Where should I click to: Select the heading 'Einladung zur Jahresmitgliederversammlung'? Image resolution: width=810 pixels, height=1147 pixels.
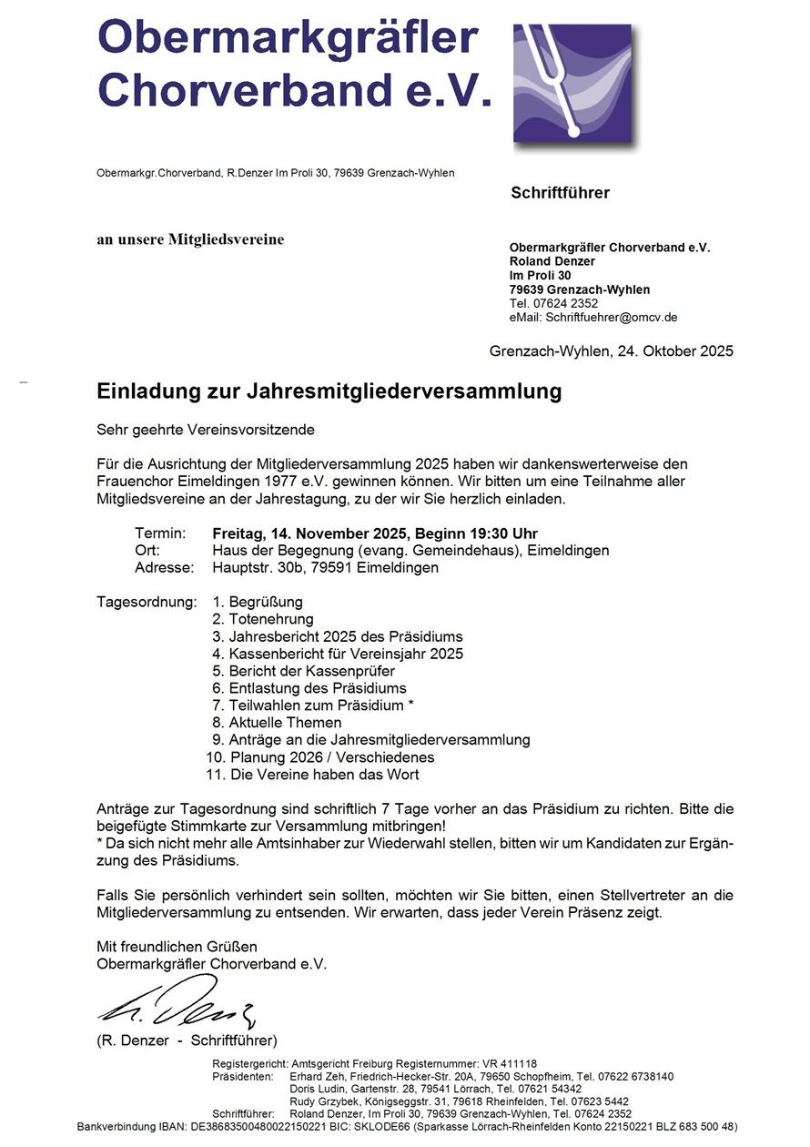(x=329, y=392)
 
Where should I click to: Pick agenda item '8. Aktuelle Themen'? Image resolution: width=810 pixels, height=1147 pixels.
(x=267, y=723)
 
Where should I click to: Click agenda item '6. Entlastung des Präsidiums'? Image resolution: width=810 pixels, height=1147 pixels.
(x=309, y=688)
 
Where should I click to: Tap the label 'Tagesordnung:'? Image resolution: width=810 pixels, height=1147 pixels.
(x=146, y=602)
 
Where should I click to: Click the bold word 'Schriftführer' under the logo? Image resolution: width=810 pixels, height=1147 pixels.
(x=560, y=193)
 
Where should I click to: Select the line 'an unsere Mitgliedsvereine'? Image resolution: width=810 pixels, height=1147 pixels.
(x=190, y=240)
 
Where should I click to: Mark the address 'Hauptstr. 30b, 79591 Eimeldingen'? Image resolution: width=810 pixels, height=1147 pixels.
(x=325, y=568)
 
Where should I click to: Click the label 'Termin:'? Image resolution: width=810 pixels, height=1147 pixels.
(x=160, y=533)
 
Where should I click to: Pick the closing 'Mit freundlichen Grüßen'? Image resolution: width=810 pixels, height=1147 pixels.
(x=177, y=947)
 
